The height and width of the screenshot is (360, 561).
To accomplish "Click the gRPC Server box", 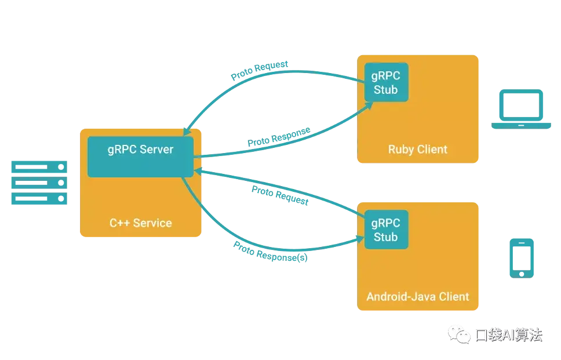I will click(x=140, y=157).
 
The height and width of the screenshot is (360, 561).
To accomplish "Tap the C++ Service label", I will click(x=141, y=223).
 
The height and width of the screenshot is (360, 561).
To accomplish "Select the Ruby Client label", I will click(x=417, y=150).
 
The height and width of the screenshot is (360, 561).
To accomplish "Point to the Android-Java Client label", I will click(x=417, y=296).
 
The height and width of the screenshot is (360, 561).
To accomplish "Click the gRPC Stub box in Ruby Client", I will click(x=386, y=82).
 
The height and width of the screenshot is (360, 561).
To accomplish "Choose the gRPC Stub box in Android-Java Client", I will click(x=386, y=230).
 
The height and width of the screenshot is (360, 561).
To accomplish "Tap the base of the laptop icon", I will click(x=522, y=125).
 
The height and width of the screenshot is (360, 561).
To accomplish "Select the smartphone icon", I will click(x=522, y=257).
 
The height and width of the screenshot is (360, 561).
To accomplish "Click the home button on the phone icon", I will click(x=522, y=272).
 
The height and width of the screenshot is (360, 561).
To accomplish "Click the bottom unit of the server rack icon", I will click(x=39, y=199).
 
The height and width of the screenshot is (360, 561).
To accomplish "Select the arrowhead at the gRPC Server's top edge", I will click(x=187, y=132).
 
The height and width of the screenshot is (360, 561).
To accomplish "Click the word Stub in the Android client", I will click(x=386, y=237).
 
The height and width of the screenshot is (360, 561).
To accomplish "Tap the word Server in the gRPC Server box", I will click(x=156, y=149).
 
